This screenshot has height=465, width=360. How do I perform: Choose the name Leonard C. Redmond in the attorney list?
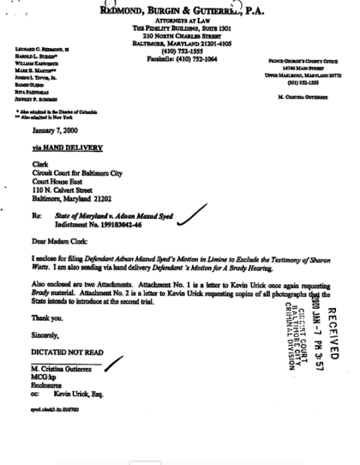[40, 48]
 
